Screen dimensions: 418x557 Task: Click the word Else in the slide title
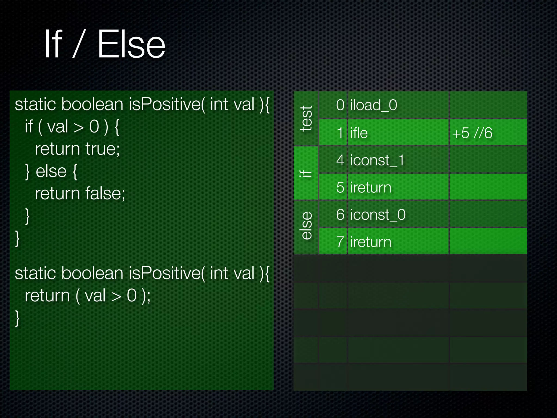click(131, 44)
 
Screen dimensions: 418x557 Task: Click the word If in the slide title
click(54, 44)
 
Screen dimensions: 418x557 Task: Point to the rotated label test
click(306, 119)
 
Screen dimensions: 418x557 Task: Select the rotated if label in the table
click(306, 173)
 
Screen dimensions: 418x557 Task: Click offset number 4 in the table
click(340, 160)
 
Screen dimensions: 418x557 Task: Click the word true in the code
click(102, 149)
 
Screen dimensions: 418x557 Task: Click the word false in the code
click(105, 193)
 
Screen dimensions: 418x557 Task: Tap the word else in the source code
click(51, 171)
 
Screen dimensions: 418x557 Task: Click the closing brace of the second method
click(17, 318)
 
